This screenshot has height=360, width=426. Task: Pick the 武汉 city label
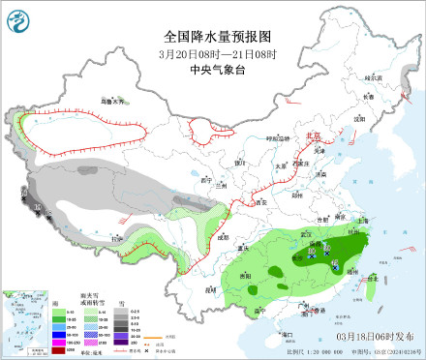tap(307, 233)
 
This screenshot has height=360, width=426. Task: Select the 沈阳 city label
tap(361, 118)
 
